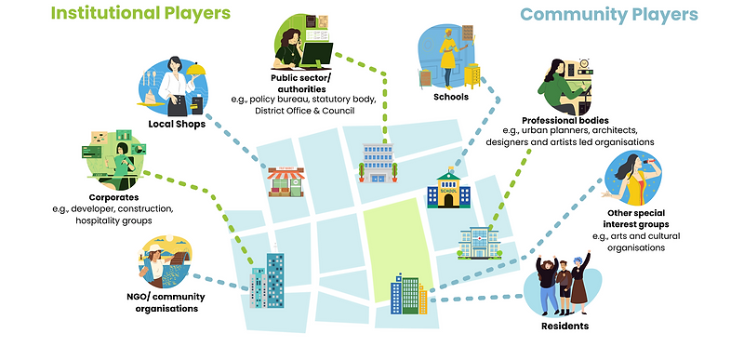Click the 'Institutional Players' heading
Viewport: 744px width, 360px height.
click(139, 14)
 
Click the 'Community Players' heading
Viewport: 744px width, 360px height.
click(609, 15)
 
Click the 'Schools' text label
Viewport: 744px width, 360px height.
click(450, 95)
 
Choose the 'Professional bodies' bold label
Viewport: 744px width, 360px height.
click(565, 121)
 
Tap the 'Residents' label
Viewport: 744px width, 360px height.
click(565, 327)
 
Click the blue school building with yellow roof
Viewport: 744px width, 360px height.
click(448, 190)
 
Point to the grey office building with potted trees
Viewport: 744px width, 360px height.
click(378, 164)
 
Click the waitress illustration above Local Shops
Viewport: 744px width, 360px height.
click(177, 86)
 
